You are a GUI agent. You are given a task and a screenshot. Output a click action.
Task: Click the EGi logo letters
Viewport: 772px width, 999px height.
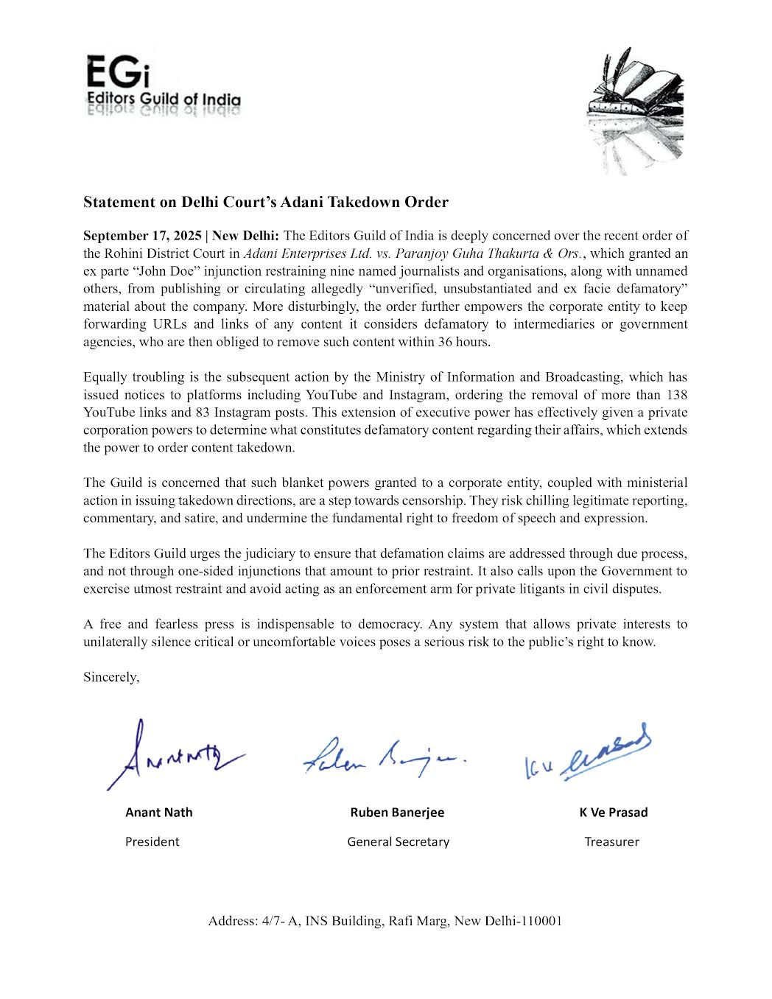pos(118,72)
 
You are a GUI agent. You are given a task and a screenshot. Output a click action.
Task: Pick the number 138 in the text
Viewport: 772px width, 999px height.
pos(676,395)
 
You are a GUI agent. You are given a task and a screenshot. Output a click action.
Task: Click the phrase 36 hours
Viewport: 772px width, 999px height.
pos(463,342)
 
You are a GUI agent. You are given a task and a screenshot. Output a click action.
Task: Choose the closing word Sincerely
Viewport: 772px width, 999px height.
pos(110,677)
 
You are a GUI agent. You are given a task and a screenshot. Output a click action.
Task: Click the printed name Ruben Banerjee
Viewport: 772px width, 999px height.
pos(397,813)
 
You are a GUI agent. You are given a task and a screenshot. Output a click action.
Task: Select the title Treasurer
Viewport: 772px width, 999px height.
pos(611,841)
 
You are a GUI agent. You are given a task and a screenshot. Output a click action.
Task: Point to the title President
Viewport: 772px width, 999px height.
pos(152,841)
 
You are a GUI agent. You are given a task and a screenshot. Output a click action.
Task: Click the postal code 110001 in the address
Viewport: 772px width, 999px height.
pos(541,921)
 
